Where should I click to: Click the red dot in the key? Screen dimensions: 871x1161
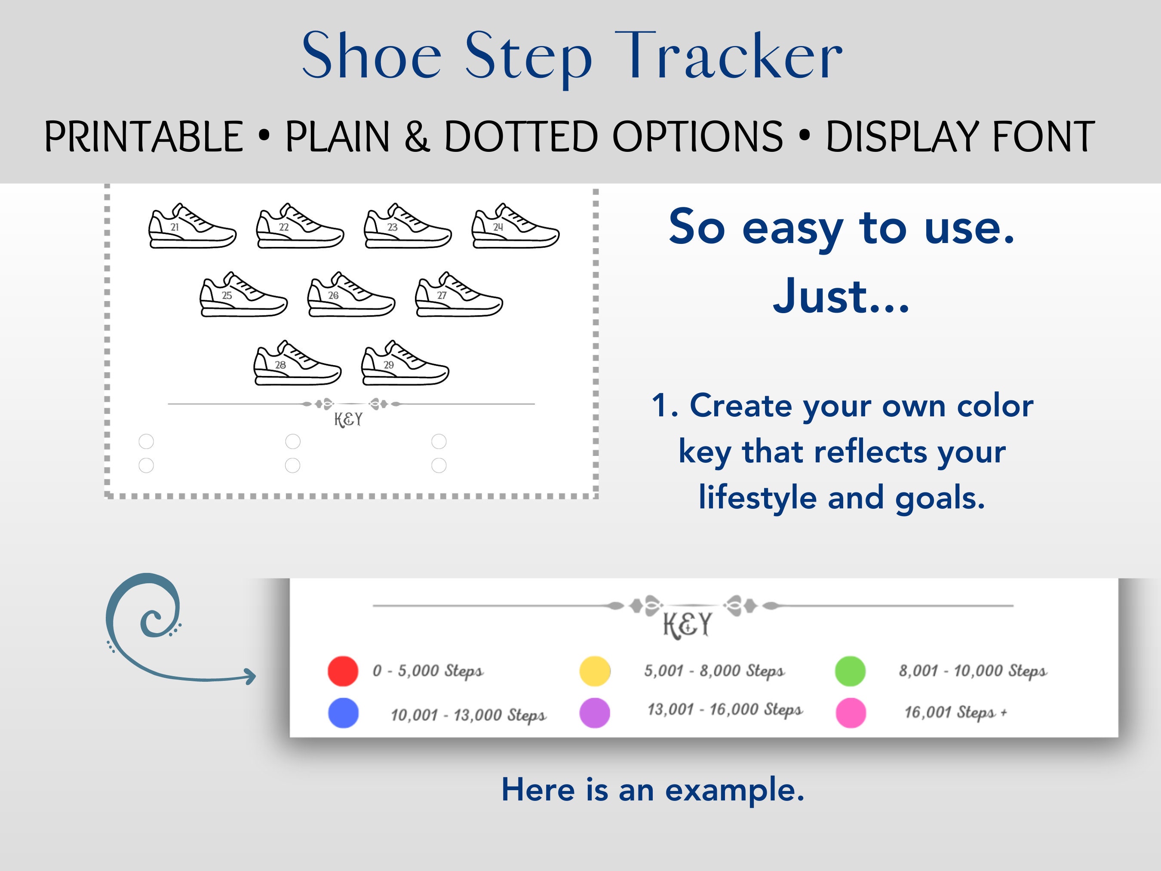click(x=343, y=671)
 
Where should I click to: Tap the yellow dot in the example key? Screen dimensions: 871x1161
click(x=595, y=671)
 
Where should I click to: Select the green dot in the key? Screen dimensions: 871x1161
click(x=850, y=671)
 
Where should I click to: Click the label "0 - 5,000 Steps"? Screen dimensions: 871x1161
click(x=428, y=671)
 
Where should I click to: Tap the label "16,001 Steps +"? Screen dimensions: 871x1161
click(x=955, y=712)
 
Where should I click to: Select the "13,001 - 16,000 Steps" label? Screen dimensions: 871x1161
click(x=725, y=709)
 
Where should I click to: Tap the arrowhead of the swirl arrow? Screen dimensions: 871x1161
click(x=251, y=676)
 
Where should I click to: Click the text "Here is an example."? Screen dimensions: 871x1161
click(x=653, y=789)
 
